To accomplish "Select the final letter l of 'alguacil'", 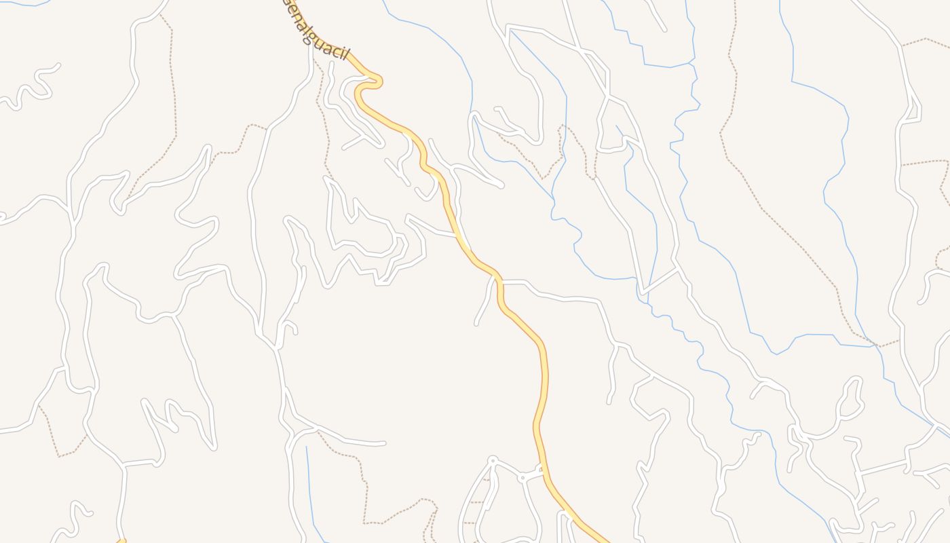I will (x=345, y=54).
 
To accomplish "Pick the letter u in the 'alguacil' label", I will (x=319, y=43).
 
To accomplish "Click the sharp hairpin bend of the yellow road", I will (x=377, y=81).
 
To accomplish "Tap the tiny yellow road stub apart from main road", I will (x=121, y=541).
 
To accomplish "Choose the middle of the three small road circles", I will (x=522, y=478).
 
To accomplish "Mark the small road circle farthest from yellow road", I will (x=493, y=460).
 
